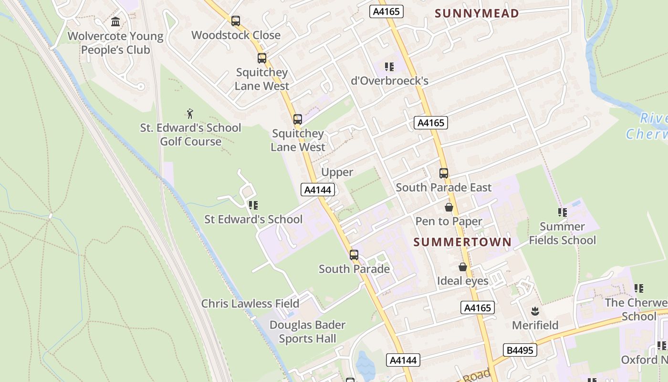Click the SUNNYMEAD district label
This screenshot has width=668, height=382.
pyautogui.click(x=477, y=13)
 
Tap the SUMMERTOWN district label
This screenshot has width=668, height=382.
pyautogui.click(x=462, y=242)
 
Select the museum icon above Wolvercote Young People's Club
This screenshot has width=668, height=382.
pyautogui.click(x=115, y=22)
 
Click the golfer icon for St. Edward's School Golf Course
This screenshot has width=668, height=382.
pyautogui.click(x=190, y=114)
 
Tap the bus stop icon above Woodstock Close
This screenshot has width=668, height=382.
pyautogui.click(x=236, y=21)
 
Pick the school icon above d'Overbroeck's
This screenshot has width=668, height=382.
pyautogui.click(x=389, y=67)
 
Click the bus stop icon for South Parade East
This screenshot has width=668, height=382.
pyautogui.click(x=444, y=173)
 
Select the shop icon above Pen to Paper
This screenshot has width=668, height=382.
pyautogui.click(x=449, y=207)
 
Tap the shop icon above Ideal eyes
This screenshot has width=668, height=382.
pyautogui.click(x=462, y=267)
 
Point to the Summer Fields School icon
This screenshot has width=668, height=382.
pyautogui.click(x=562, y=212)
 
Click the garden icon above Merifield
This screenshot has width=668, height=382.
pyautogui.click(x=535, y=311)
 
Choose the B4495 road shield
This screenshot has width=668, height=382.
pyautogui.click(x=520, y=350)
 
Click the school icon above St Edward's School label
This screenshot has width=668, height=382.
pyautogui.click(x=253, y=205)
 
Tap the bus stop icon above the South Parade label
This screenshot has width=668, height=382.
pyautogui.click(x=354, y=255)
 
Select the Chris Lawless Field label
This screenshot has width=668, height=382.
pyautogui.click(x=250, y=304)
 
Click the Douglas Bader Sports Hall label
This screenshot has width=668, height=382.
pyautogui.click(x=307, y=332)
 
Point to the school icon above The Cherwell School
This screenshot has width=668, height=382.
pyautogui.click(x=638, y=288)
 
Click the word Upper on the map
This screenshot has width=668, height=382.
pyautogui.click(x=337, y=172)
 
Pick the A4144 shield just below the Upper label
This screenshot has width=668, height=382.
pyautogui.click(x=318, y=190)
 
